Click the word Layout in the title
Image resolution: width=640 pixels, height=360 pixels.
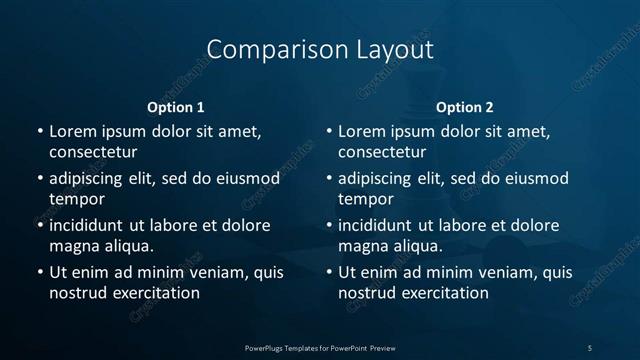[390, 49]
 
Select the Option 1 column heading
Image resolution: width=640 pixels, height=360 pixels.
[176, 107]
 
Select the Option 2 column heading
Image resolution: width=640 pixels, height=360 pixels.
[465, 107]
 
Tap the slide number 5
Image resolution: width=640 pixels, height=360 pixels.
[590, 348]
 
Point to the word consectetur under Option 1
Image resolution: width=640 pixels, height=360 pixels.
[93, 153]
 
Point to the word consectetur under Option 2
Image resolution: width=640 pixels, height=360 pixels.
[382, 153]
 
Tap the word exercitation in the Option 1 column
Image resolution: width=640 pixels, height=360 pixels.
[153, 293]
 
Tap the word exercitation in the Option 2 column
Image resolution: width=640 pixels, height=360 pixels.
[442, 293]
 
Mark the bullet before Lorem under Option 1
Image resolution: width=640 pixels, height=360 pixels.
[40, 132]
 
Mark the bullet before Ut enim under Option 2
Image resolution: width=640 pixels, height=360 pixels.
[329, 272]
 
